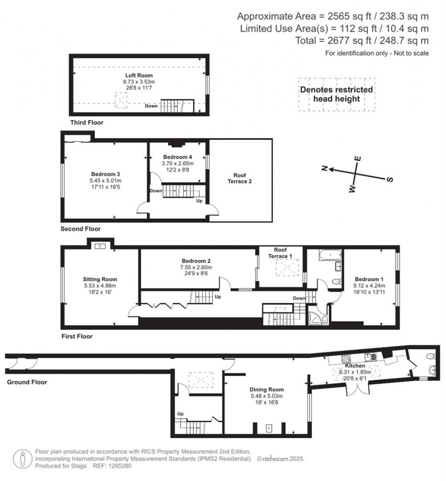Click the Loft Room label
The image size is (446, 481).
tap(132, 75)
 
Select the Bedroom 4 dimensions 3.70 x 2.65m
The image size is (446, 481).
tap(177, 163)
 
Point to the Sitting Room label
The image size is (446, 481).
tap(100, 279)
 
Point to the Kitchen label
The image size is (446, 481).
tap(356, 366)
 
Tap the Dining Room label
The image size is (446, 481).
tap(267, 390)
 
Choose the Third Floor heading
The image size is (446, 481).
tap(87, 122)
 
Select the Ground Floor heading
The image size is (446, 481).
tap(27, 382)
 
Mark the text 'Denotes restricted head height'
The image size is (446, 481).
tap(337, 94)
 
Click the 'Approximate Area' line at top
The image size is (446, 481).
tap(333, 17)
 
